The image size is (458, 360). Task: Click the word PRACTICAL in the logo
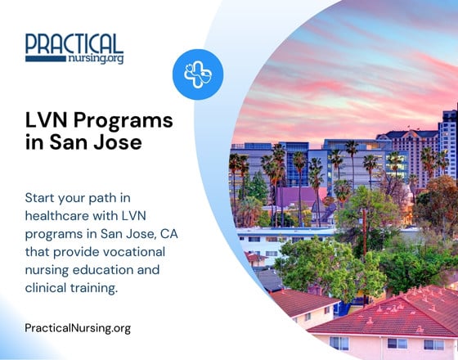click(x=74, y=43)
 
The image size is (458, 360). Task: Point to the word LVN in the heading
click(x=46, y=120)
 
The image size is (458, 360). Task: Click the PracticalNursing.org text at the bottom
click(x=78, y=328)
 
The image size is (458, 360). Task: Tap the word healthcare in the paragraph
click(x=58, y=216)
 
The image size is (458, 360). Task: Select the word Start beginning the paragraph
click(x=42, y=198)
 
